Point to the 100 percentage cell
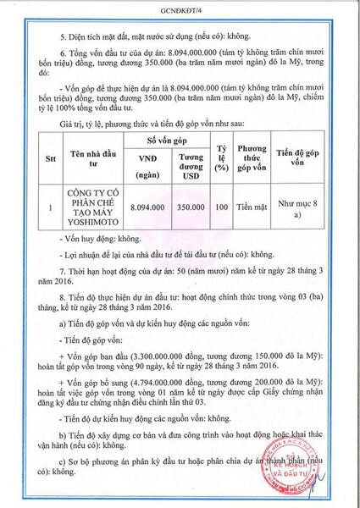click(x=222, y=205)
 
